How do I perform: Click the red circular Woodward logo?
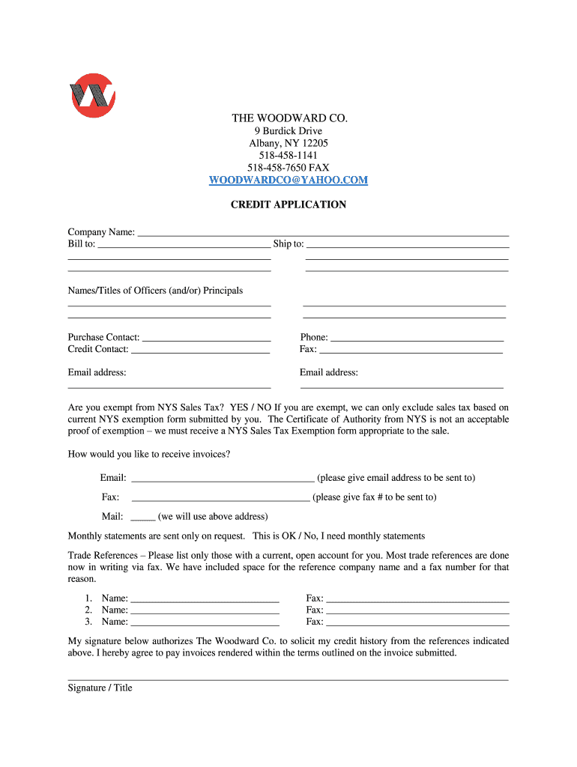click(x=91, y=95)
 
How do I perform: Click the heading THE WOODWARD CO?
click(x=288, y=118)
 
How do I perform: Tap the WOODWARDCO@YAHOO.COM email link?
click(x=288, y=180)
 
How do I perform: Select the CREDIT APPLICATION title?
click(x=288, y=204)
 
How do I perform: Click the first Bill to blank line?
click(x=184, y=244)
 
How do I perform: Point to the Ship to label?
click(x=288, y=244)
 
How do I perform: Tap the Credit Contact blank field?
click(x=200, y=350)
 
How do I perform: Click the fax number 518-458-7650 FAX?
click(x=288, y=168)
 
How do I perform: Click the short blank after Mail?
click(x=142, y=517)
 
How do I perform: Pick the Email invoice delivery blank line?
click(x=223, y=478)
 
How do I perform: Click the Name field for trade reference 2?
click(x=205, y=610)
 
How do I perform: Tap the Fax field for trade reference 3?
click(x=417, y=622)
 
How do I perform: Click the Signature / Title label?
click(x=100, y=688)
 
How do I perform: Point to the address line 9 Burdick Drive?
click(x=288, y=131)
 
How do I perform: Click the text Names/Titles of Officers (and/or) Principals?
click(x=155, y=291)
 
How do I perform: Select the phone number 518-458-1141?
click(x=288, y=155)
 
